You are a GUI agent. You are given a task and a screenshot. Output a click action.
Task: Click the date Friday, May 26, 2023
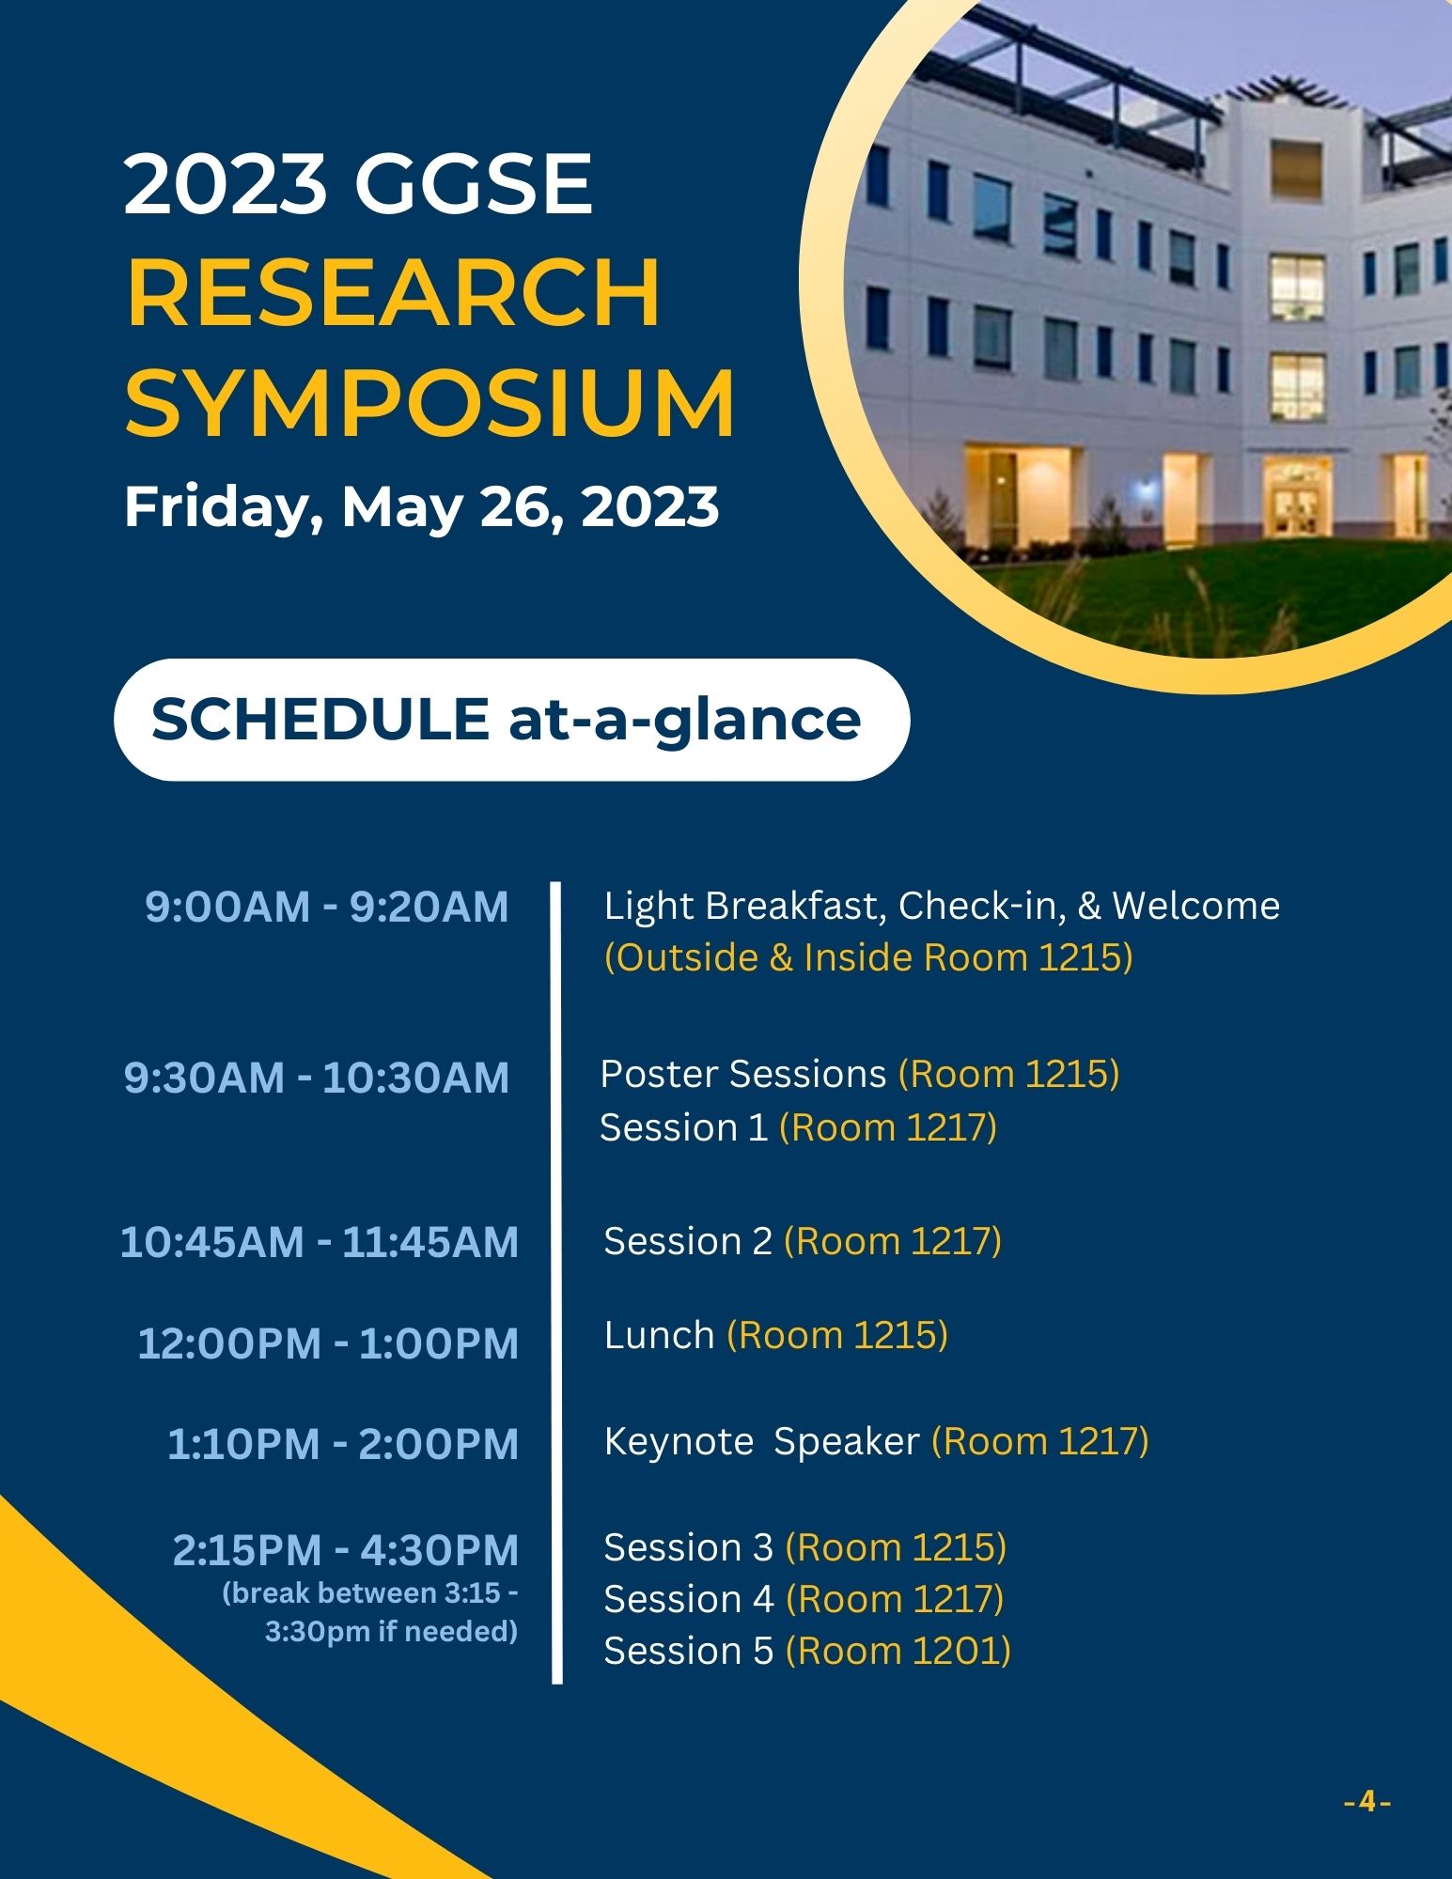pos(422,507)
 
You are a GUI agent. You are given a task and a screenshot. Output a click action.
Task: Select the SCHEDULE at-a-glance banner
pos(511,720)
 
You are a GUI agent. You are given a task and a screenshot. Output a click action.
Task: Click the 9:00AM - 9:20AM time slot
pos(327,907)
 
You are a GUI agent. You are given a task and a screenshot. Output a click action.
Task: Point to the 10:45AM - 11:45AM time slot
pos(320,1242)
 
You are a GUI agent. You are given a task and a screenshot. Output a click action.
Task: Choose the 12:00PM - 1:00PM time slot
pos(328,1343)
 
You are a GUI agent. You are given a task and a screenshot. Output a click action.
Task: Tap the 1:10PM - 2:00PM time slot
pos(343,1444)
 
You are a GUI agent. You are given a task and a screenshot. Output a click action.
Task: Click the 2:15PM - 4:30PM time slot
pos(346,1550)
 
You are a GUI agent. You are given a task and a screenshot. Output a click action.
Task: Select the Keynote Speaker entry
pos(761,1441)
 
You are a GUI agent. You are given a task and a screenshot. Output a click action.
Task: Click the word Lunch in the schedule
pos(660,1335)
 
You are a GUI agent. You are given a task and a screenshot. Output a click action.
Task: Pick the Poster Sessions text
pos(743,1074)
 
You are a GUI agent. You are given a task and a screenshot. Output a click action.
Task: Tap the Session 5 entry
pos(689,1651)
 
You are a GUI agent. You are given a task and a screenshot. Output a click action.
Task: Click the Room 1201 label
pos(898,1651)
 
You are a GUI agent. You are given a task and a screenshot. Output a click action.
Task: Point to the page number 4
pos(1367,1803)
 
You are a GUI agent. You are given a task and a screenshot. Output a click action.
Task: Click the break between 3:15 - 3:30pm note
pos(370,1612)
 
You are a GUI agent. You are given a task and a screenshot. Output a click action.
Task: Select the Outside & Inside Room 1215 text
pos(868,957)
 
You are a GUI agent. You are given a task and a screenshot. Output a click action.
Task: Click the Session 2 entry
pos(688,1242)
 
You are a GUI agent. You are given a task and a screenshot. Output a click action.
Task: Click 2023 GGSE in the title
pos(358,183)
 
